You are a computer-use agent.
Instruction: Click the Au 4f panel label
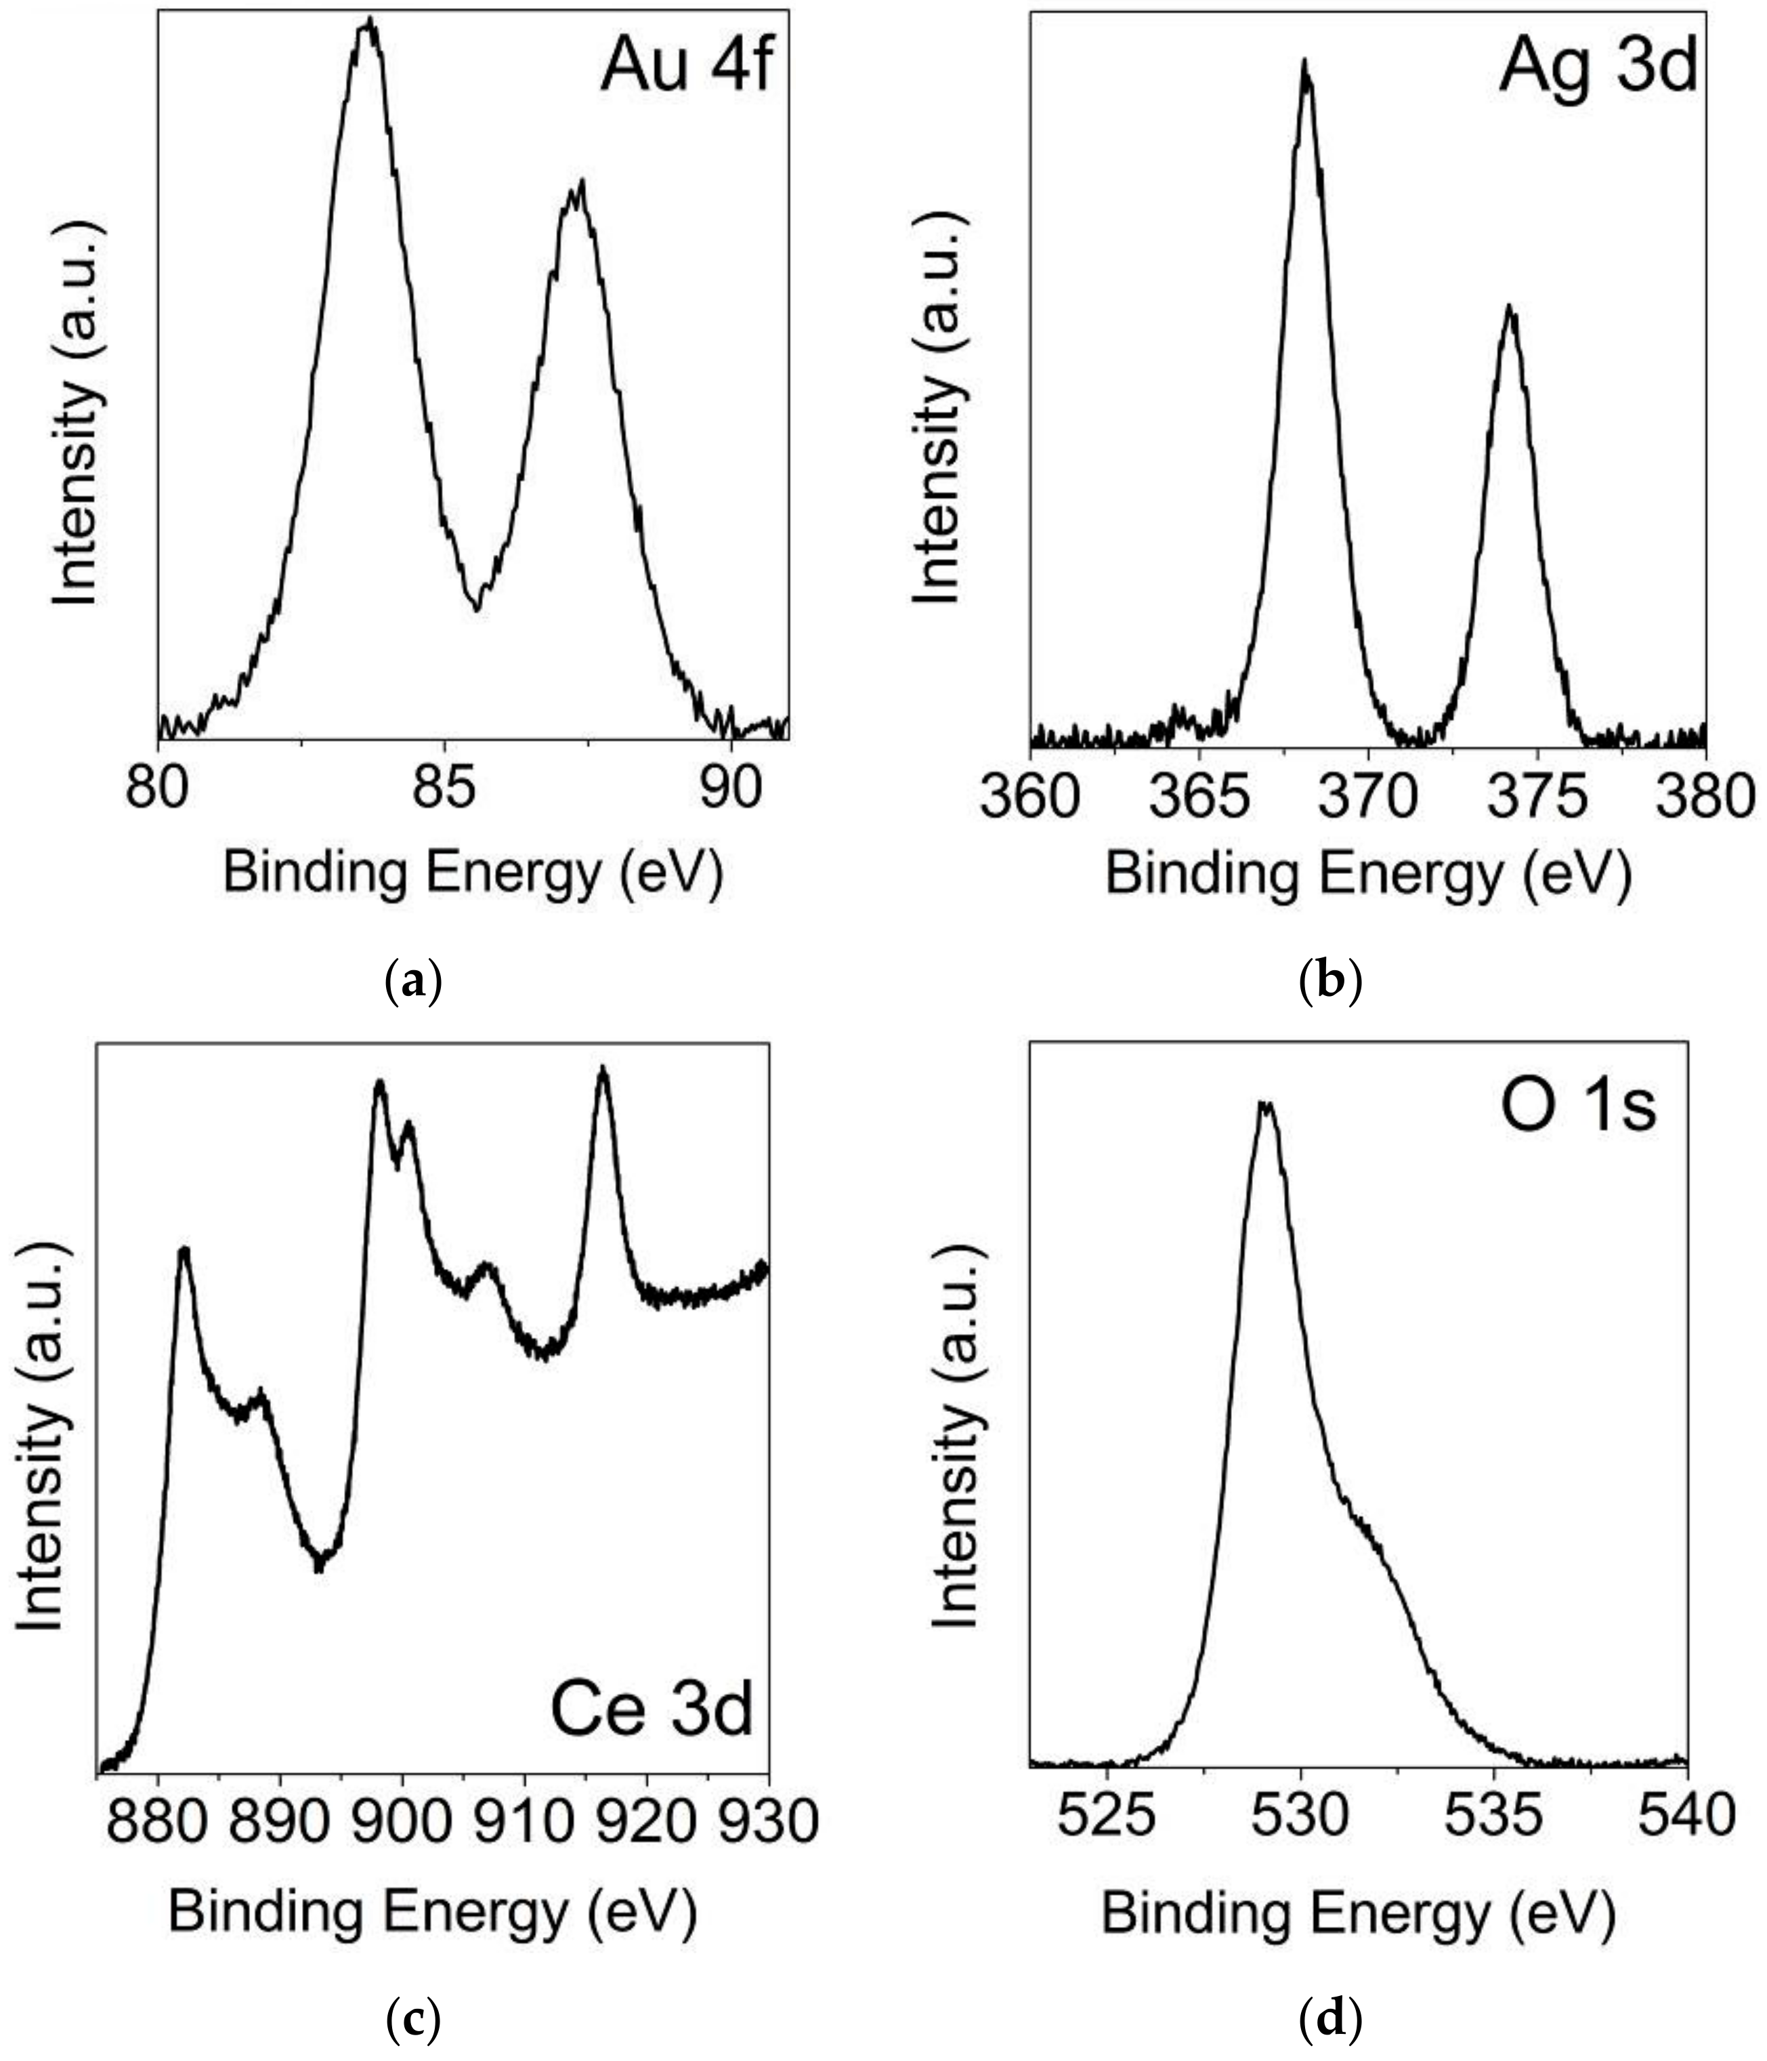[x=685, y=68]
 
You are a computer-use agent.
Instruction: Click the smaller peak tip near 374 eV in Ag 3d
[x=1510, y=308]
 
